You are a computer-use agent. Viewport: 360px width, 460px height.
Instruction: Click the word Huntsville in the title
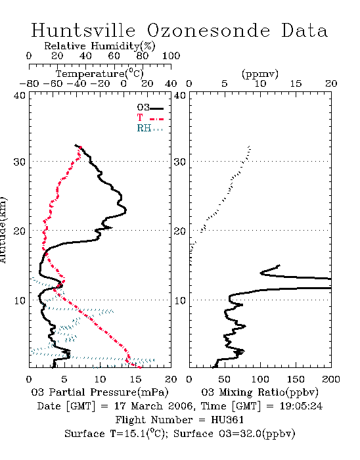83,30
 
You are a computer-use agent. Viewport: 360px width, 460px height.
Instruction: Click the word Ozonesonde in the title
208,30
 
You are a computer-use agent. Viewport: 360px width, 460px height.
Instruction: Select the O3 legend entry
150,108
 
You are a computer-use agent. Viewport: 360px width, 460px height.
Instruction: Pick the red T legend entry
150,118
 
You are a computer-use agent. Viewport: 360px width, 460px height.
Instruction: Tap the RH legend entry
150,128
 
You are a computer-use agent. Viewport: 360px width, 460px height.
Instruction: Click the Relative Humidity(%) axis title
100,46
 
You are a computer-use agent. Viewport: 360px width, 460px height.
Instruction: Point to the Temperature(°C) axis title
100,74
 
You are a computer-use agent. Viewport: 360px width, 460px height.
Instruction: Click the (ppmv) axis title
260,74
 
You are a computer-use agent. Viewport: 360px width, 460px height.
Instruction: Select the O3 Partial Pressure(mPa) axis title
100,392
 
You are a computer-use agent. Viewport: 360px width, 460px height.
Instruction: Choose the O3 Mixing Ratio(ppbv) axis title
259,392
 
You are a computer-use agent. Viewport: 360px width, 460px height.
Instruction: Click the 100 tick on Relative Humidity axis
171,56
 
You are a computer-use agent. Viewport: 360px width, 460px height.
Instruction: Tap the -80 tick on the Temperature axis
29,83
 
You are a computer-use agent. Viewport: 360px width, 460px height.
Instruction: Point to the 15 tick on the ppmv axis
296,83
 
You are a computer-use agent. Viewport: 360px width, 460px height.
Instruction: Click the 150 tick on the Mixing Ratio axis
296,379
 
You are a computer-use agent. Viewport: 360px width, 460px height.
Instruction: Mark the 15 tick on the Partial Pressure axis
135,379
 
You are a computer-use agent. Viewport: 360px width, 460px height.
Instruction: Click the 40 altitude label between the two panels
180,95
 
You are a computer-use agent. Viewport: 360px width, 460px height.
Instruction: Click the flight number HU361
227,420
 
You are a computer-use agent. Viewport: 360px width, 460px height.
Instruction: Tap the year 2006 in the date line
181,406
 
